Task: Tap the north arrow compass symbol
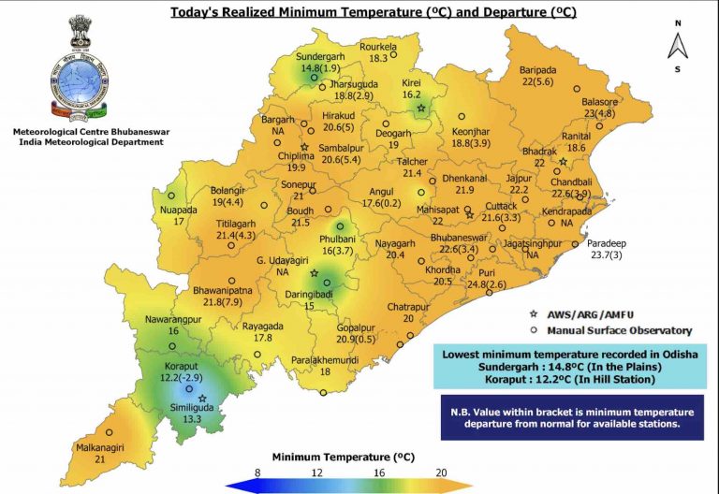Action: (x=676, y=44)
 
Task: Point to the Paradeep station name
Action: (x=607, y=243)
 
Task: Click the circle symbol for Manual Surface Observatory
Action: (x=533, y=329)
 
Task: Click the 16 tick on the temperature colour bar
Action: (x=380, y=472)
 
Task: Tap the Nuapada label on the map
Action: (x=171, y=210)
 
